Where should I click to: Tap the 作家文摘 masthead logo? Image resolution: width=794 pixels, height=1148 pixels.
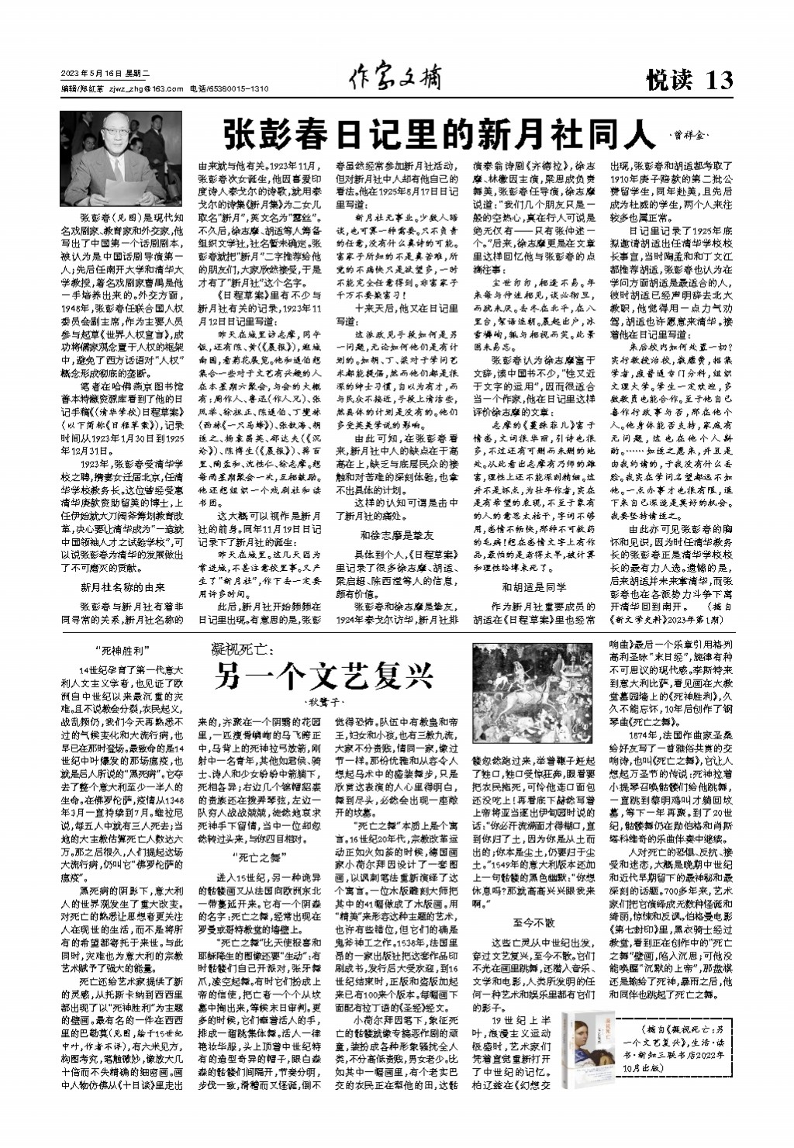pos(395,78)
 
